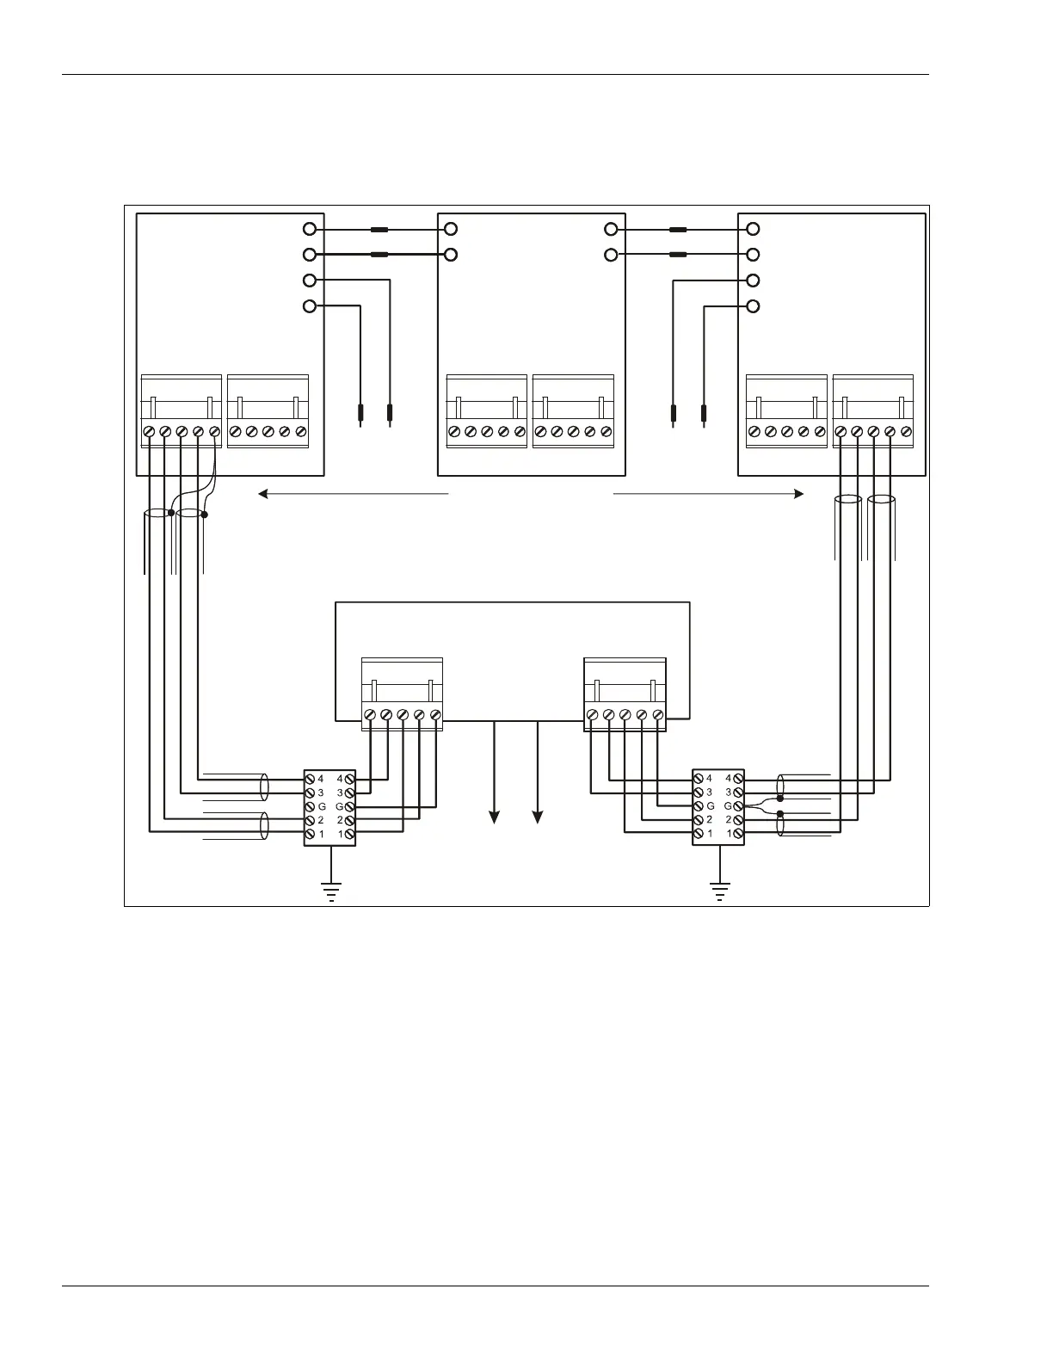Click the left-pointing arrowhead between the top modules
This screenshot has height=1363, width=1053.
click(263, 494)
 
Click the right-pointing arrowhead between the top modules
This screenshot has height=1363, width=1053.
click(798, 494)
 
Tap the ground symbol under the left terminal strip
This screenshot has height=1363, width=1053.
click(331, 891)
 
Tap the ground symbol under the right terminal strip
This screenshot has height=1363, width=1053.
click(720, 891)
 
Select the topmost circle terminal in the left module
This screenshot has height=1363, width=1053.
click(311, 230)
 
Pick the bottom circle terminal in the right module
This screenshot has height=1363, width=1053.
click(753, 306)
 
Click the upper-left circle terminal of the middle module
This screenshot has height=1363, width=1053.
click(450, 230)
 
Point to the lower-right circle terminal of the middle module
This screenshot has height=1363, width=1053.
click(611, 255)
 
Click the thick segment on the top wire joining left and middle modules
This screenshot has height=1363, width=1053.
click(379, 230)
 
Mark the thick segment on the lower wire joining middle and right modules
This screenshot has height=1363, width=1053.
click(678, 255)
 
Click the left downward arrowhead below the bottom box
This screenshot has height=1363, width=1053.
click(495, 817)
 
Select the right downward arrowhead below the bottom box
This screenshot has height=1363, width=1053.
click(539, 817)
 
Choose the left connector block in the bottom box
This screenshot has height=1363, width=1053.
click(402, 694)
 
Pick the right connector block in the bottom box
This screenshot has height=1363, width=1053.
click(625, 694)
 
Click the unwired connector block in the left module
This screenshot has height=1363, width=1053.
click(268, 411)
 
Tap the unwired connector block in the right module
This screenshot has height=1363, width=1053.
click(786, 411)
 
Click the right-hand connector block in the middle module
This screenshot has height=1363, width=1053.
click(573, 411)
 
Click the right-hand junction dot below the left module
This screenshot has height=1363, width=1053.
click(205, 515)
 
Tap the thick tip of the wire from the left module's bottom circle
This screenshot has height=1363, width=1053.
click(360, 415)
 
